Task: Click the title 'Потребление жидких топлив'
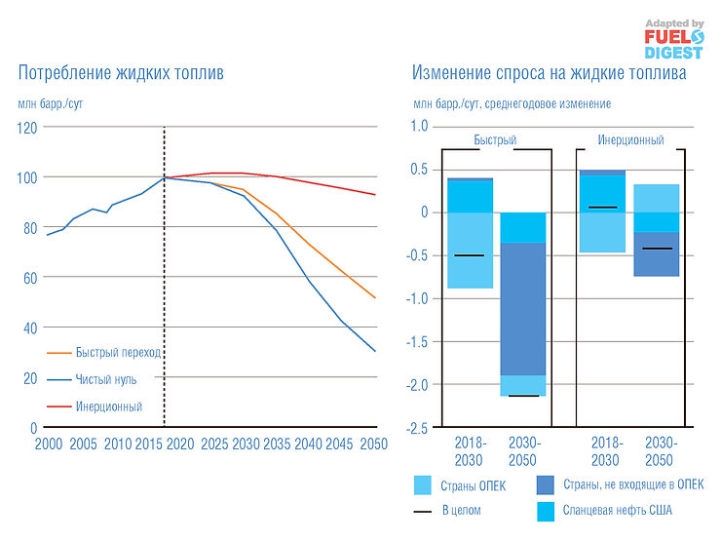pyautogui.click(x=120, y=73)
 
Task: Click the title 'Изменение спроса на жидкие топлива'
pyautogui.click(x=549, y=73)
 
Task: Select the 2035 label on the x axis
pyautogui.click(x=276, y=444)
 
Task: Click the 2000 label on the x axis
pyautogui.click(x=48, y=444)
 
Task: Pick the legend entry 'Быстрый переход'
pyautogui.click(x=118, y=352)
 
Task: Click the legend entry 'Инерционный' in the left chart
pyautogui.click(x=109, y=406)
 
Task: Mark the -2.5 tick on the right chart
pyautogui.click(x=416, y=427)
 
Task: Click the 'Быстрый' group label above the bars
pyautogui.click(x=495, y=140)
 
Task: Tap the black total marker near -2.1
pyautogui.click(x=523, y=396)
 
